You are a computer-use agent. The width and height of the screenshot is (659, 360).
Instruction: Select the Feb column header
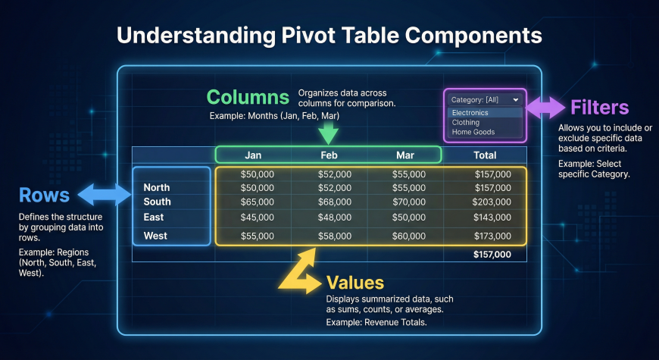click(329, 155)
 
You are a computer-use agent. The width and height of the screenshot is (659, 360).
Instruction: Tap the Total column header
click(485, 155)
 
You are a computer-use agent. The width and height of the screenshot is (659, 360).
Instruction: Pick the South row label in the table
click(158, 202)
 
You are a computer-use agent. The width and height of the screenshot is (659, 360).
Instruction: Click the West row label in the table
click(155, 236)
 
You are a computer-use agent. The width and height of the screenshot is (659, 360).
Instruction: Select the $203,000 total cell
click(492, 202)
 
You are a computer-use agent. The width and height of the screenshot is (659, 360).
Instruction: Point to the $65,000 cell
click(257, 202)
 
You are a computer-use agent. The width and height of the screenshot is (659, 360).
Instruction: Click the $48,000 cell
click(335, 218)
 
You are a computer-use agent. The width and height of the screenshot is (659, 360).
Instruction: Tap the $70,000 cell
click(409, 202)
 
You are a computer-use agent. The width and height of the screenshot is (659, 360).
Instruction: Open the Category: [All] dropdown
click(485, 100)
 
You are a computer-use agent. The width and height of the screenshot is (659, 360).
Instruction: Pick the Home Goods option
click(473, 132)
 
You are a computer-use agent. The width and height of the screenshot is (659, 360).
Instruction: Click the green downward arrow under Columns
click(328, 133)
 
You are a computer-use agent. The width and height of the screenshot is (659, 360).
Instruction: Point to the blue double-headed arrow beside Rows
click(105, 195)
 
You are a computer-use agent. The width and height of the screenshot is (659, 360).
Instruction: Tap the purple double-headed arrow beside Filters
click(545, 108)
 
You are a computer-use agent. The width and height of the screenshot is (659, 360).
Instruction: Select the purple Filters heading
click(599, 108)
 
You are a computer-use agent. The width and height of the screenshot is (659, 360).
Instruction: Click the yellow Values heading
click(355, 282)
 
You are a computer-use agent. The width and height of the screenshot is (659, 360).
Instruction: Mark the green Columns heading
click(248, 97)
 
